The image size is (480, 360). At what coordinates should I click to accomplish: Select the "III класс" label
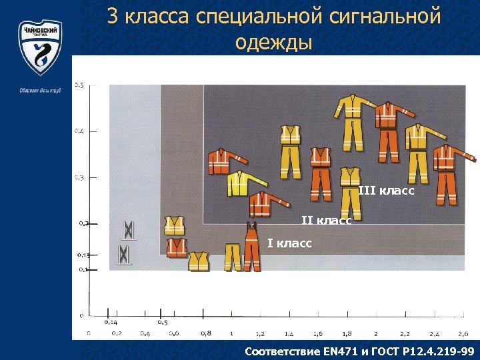(386, 191)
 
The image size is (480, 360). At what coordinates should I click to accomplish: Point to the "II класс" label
(327, 220)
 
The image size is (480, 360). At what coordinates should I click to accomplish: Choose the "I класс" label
(289, 243)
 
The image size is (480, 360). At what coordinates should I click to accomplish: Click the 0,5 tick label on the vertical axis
(79, 85)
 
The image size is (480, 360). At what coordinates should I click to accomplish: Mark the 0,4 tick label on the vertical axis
(79, 131)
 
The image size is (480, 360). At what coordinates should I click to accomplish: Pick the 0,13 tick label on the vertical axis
(83, 255)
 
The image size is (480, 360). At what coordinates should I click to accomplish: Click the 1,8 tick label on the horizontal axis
(347, 333)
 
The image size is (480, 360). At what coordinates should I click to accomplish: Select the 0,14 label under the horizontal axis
(111, 322)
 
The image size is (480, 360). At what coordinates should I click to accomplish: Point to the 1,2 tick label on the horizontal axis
(260, 333)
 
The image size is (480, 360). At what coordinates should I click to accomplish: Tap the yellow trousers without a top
(232, 256)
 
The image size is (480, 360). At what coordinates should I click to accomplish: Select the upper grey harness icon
(128, 230)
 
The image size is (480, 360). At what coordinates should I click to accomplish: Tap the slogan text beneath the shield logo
(40, 90)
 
